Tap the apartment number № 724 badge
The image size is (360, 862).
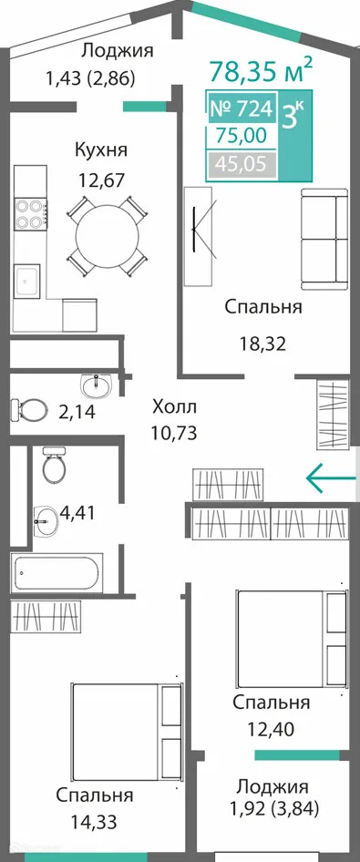click(x=242, y=109)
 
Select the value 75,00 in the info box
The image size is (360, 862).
click(x=242, y=137)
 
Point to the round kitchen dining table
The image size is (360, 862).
click(x=108, y=235)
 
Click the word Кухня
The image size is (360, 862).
click(x=100, y=150)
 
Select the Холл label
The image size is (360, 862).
click(x=173, y=405)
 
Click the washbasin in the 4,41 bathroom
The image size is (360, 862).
click(x=43, y=523)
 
